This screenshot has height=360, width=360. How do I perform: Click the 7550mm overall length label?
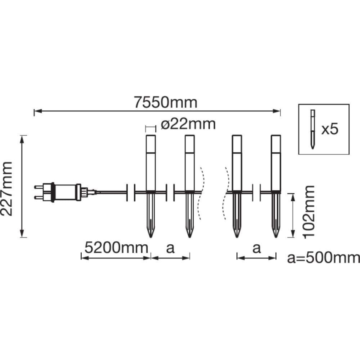point(165,102)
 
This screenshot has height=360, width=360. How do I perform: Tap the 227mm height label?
point(7,189)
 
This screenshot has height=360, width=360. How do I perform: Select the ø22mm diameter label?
point(188,124)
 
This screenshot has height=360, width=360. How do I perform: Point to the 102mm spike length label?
point(309,212)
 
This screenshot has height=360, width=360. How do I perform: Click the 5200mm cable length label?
point(117,248)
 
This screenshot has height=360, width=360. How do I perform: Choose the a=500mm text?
point(324,258)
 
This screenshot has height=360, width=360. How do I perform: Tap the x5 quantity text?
point(330,129)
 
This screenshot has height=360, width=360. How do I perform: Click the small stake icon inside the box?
point(312,129)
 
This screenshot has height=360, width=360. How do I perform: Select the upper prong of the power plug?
point(39,187)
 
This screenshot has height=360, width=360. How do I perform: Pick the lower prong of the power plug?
point(39,197)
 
